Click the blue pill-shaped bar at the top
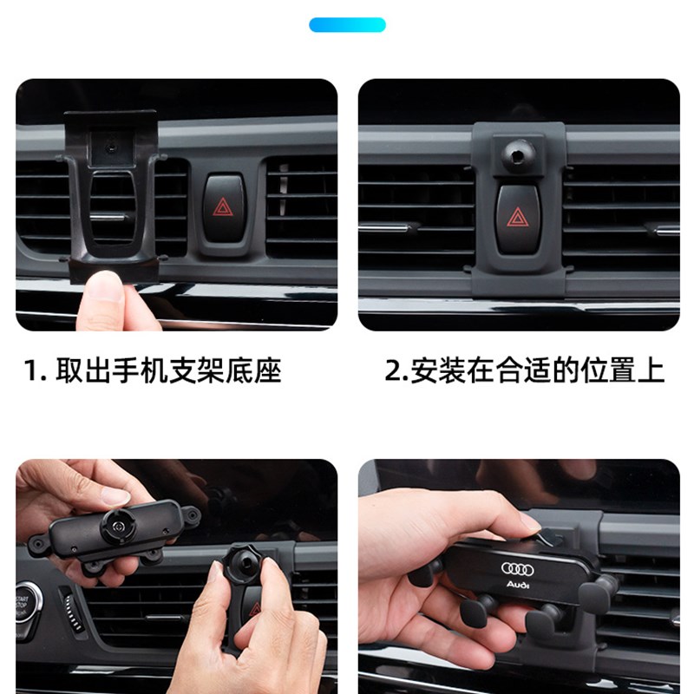tap(347, 25)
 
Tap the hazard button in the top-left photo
tap(223, 209)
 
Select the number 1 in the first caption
tap(31, 371)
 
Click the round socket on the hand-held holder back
tap(115, 526)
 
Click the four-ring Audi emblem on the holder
tap(520, 568)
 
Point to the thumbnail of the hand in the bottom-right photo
tap(531, 522)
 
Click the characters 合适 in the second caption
tap(521, 371)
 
